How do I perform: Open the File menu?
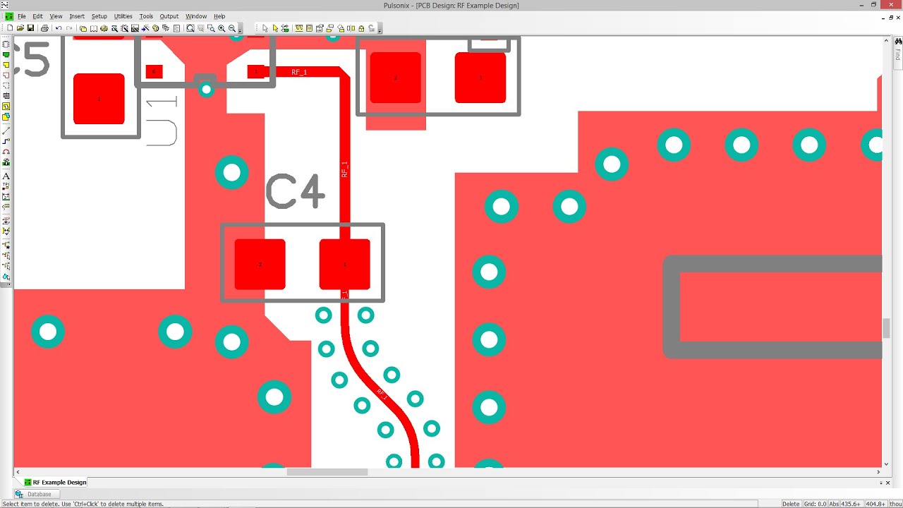pyautogui.click(x=22, y=16)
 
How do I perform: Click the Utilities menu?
pyautogui.click(x=123, y=16)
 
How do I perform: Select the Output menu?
pyautogui.click(x=169, y=16)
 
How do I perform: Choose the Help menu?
pyautogui.click(x=219, y=16)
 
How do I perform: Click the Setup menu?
pyautogui.click(x=99, y=16)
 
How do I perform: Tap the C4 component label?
pyautogui.click(x=295, y=191)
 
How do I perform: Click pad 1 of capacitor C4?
pyautogui.click(x=344, y=264)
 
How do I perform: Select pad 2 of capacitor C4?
pyautogui.click(x=260, y=264)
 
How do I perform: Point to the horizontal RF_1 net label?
pyautogui.click(x=299, y=72)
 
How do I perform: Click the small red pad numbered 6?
pyautogui.click(x=154, y=71)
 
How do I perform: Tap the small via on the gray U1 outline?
pyautogui.click(x=206, y=89)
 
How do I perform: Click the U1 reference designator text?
pyautogui.click(x=162, y=122)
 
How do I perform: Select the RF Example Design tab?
pyautogui.click(x=59, y=483)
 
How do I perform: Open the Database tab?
pyautogui.click(x=39, y=494)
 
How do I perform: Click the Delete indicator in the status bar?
pyautogui.click(x=791, y=504)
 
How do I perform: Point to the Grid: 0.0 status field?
pyautogui.click(x=815, y=504)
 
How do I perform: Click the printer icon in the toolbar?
pyautogui.click(x=44, y=28)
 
